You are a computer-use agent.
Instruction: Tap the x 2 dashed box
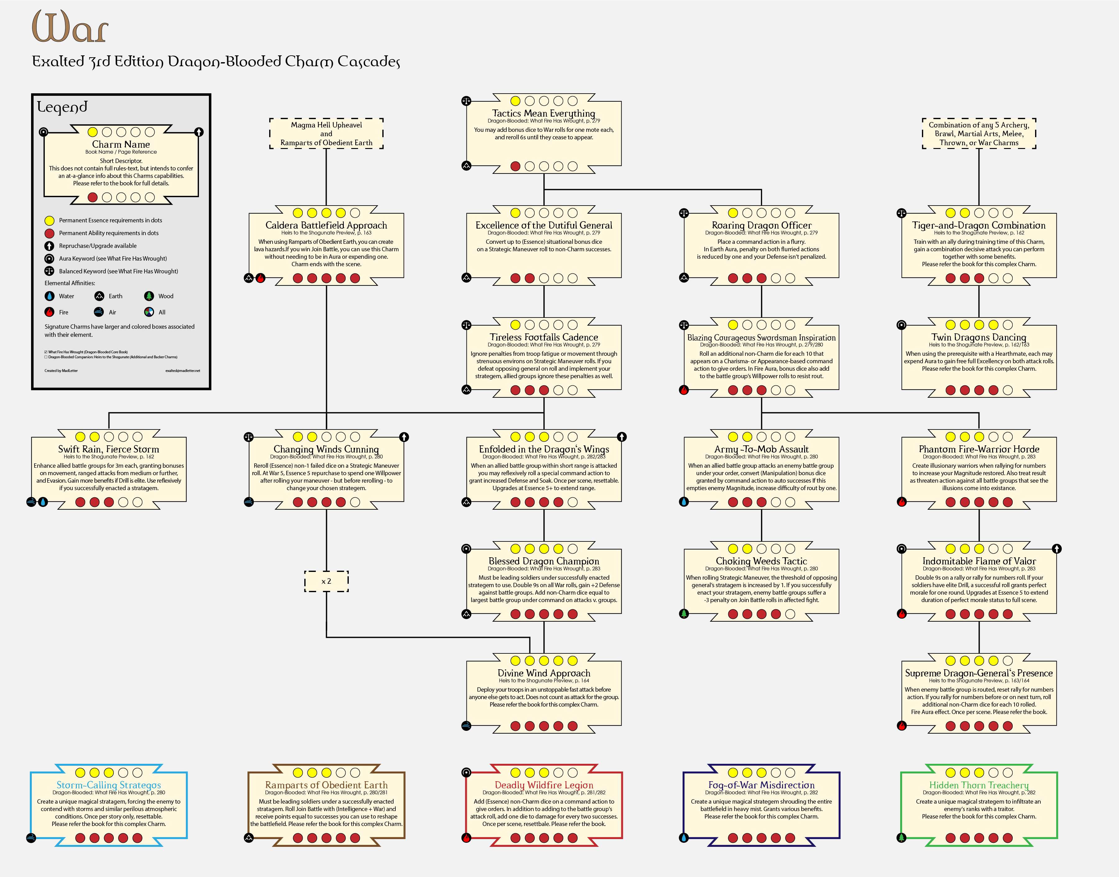[326, 581]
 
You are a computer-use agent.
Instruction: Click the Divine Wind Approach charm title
[543, 673]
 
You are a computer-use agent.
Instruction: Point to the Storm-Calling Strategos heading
[109, 785]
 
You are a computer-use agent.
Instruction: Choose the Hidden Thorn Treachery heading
[979, 785]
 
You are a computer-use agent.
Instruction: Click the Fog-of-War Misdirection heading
[762, 785]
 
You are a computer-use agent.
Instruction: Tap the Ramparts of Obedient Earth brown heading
[326, 785]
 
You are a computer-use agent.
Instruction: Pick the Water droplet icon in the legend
[49, 296]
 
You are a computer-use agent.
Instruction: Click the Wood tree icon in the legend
[149, 296]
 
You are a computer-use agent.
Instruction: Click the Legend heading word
[62, 107]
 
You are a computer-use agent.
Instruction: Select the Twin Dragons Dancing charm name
[979, 337]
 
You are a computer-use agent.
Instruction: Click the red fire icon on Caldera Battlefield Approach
[261, 278]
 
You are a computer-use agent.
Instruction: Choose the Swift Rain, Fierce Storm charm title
[109, 449]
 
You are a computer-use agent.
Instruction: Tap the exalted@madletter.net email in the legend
[183, 371]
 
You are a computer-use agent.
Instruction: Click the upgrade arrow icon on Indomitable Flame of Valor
[1057, 549]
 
